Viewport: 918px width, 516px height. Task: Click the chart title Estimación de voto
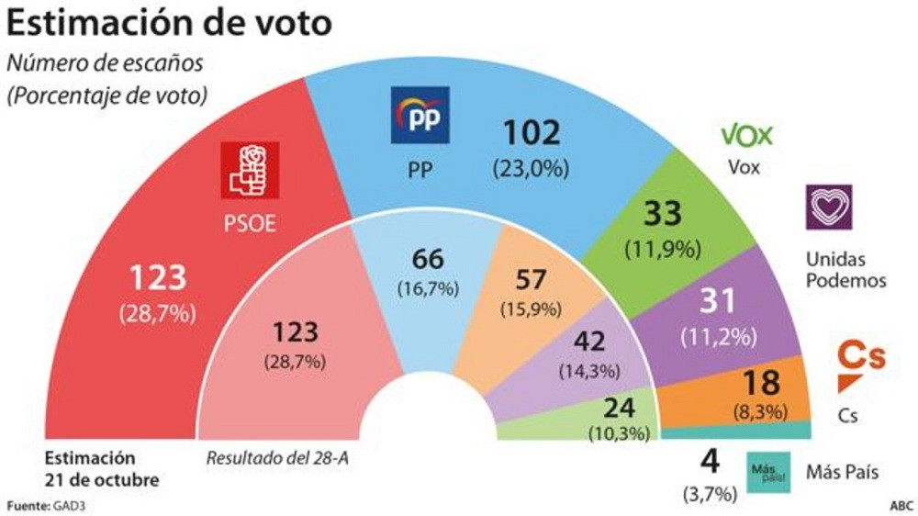[171, 23]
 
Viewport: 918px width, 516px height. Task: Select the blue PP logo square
[420, 115]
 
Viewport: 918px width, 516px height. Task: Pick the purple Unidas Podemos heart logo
[828, 207]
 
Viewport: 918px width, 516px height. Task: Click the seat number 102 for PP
[531, 134]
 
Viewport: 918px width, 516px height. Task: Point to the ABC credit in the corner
[901, 505]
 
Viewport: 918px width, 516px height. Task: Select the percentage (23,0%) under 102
[531, 168]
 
